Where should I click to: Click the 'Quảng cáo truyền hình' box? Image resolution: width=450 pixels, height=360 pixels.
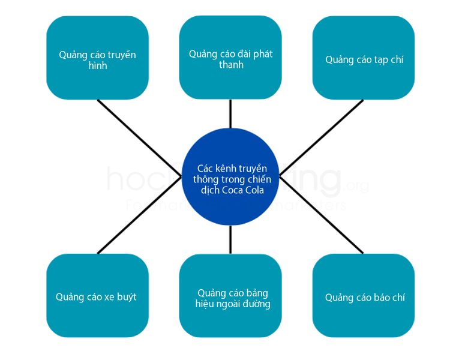click(x=97, y=58)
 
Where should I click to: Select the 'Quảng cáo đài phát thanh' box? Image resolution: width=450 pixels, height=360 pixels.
click(x=230, y=58)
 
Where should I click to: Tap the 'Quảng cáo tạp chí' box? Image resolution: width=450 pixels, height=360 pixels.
click(x=364, y=58)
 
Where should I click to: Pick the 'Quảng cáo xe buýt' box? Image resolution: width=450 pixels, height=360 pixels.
click(x=97, y=295)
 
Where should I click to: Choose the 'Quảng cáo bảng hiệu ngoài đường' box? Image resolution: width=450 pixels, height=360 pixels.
click(x=230, y=295)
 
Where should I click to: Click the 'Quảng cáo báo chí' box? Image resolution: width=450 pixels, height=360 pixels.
click(x=364, y=295)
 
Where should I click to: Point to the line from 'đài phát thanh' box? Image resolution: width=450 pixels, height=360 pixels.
click(x=230, y=113)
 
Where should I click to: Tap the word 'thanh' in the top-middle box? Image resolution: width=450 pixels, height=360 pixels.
click(x=231, y=65)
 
